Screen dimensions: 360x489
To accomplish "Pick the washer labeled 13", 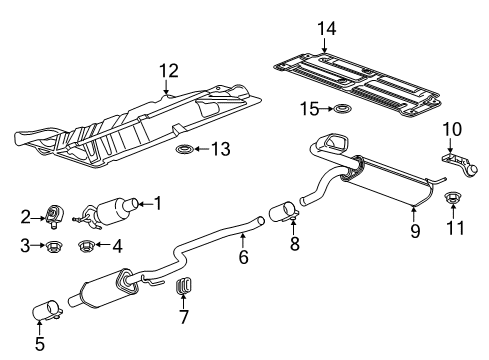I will point(185,151).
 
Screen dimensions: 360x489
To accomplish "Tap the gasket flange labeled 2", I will point(56,213).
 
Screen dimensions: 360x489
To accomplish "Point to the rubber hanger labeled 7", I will point(183,289).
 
